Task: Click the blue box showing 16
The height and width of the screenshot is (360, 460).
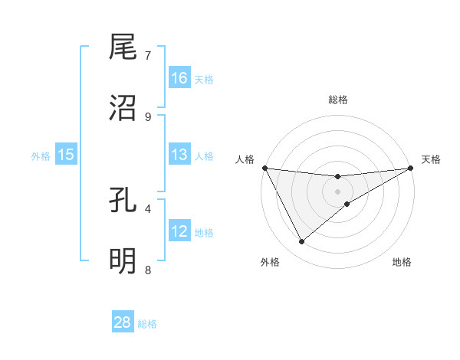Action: (179, 78)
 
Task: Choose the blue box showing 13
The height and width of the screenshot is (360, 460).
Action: (179, 155)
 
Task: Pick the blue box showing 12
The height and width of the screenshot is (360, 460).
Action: (179, 232)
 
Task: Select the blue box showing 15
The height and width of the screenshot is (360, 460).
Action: (66, 155)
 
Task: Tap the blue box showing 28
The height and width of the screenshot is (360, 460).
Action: (123, 322)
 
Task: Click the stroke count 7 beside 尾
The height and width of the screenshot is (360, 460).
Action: (148, 55)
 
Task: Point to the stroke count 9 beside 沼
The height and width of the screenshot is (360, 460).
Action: (148, 116)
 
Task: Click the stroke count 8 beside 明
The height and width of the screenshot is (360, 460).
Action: (148, 270)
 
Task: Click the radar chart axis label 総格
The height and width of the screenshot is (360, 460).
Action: (338, 100)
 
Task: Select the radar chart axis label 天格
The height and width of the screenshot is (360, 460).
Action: (431, 159)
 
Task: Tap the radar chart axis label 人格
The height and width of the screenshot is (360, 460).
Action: (245, 159)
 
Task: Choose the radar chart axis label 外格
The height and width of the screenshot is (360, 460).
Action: (270, 262)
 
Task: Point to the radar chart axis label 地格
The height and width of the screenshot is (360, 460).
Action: (402, 262)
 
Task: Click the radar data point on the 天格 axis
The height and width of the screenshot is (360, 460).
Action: (411, 168)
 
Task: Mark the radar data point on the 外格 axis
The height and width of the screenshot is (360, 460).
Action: (301, 242)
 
